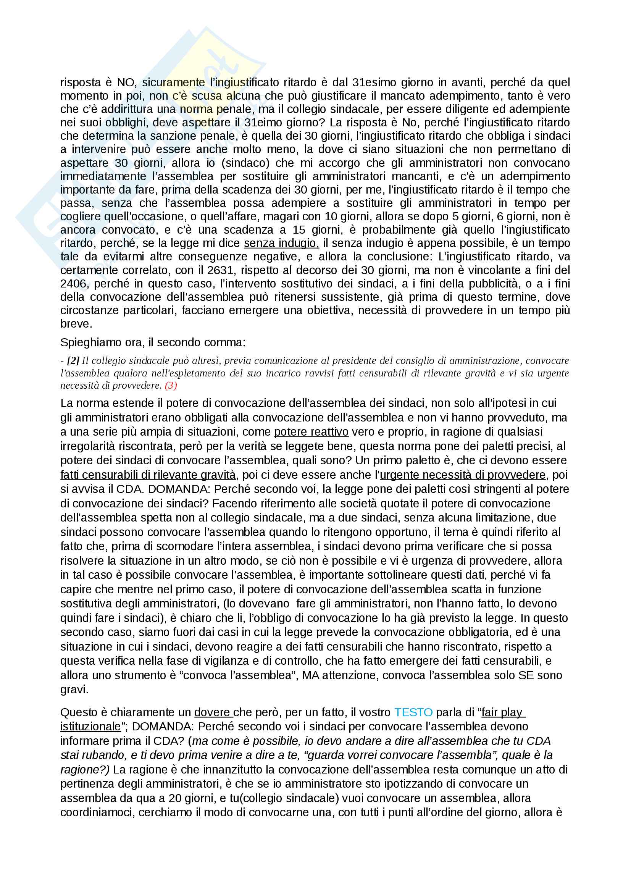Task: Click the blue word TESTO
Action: [413, 712]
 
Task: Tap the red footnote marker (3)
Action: [171, 386]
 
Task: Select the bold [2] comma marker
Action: [73, 360]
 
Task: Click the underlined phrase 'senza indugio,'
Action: [281, 243]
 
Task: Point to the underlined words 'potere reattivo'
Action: [311, 432]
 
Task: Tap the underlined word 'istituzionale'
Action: [90, 727]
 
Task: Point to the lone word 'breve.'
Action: [76, 324]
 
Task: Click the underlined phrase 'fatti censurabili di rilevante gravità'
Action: [148, 475]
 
